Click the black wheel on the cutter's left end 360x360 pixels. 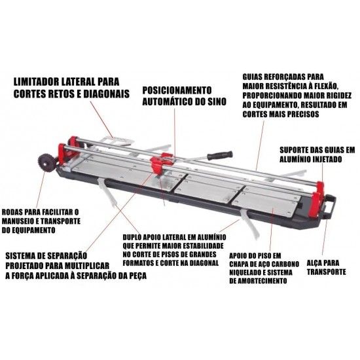pos(46,162)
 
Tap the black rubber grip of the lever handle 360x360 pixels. pos(220,155)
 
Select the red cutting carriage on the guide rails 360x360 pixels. pos(160,163)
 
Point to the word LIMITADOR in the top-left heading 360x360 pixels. pos(36,82)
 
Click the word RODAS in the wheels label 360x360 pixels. pos(12,212)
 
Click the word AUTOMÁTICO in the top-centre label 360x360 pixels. pos(166,101)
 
